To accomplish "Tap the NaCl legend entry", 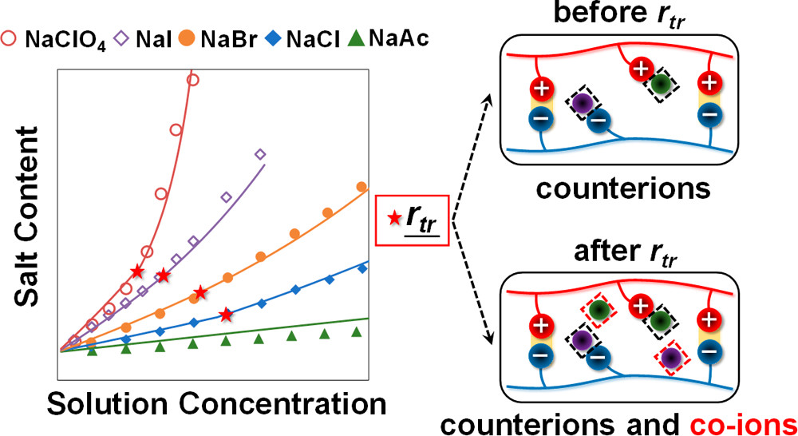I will [308, 36].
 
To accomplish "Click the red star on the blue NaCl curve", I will [227, 314].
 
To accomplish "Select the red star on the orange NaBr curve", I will [200, 291].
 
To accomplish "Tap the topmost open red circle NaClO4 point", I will [192, 79].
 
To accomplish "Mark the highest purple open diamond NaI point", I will [259, 154].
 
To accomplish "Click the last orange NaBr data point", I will [361, 187].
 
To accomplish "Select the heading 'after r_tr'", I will [642, 250].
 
